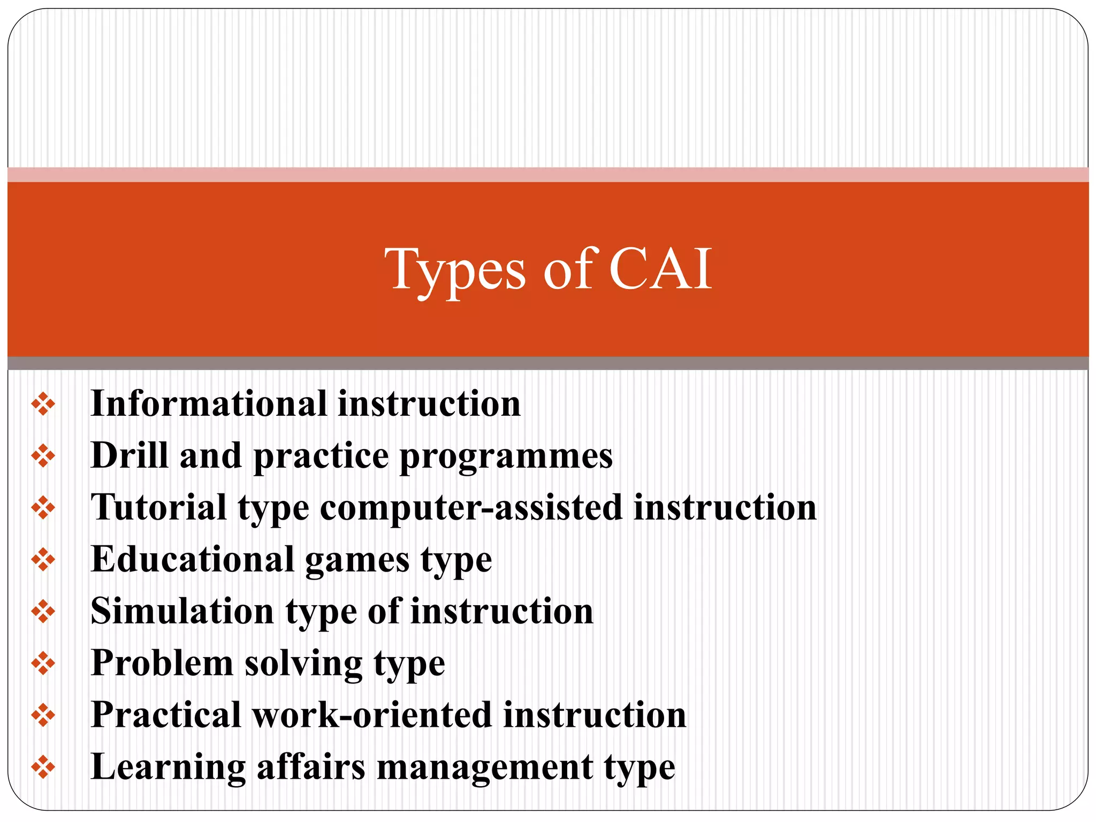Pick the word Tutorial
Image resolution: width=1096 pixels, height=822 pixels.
point(159,507)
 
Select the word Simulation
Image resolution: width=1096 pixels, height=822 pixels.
point(182,611)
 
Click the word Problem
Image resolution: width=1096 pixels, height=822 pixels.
point(162,663)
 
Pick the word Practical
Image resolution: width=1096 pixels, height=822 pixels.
point(166,715)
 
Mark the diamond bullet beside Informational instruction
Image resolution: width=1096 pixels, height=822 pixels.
point(43,404)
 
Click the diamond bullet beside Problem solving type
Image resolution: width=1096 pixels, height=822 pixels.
point(43,664)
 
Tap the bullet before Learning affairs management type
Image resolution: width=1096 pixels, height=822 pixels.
point(43,767)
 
